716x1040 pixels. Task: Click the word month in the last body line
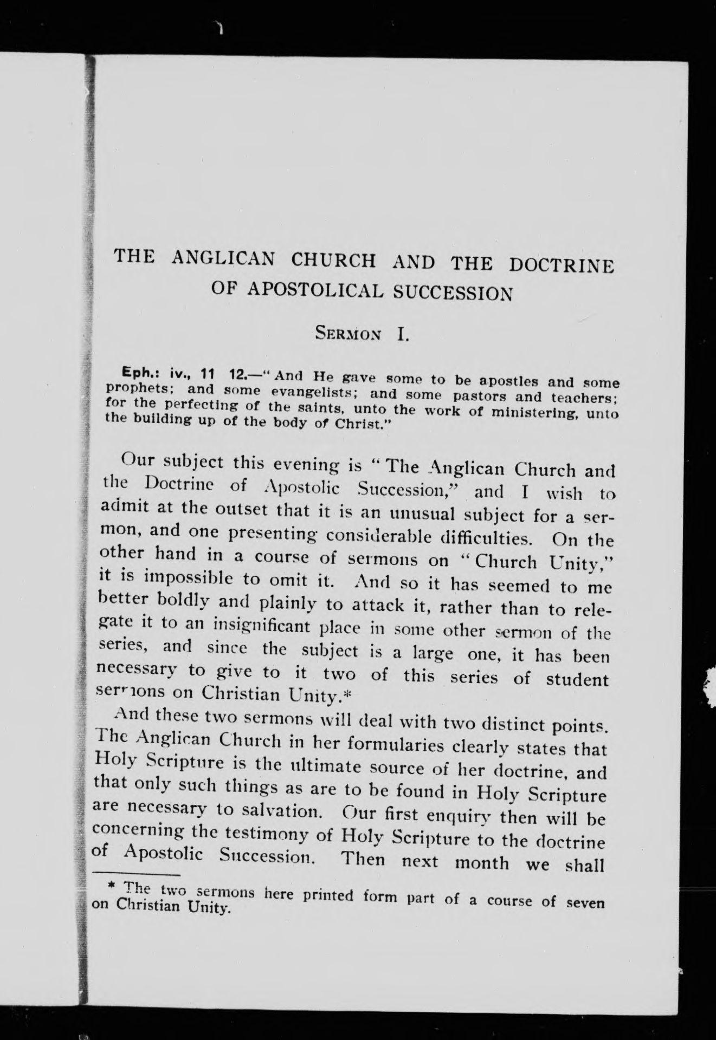click(x=482, y=861)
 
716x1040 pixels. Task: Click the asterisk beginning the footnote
click(x=112, y=885)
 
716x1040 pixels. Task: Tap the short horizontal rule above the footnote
click(x=136, y=874)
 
